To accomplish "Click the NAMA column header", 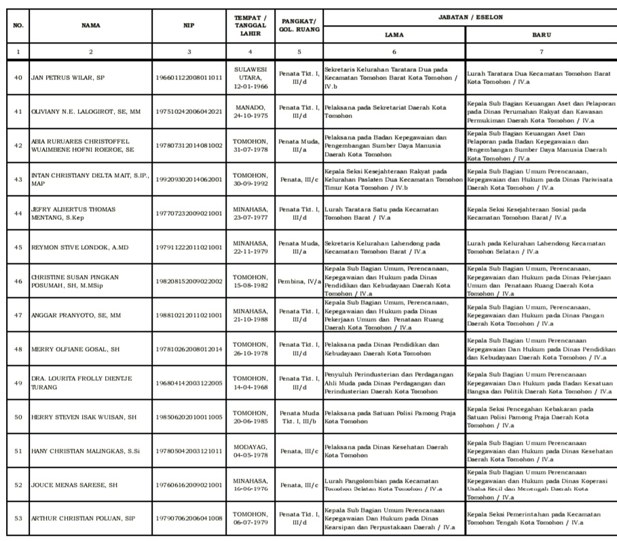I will (91, 26).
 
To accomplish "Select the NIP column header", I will (189, 26).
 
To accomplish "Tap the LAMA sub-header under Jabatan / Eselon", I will (394, 34).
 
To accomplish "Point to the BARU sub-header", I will (541, 34).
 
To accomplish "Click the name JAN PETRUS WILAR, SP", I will (68, 78).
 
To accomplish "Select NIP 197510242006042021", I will (189, 112).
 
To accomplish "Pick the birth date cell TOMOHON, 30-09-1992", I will (250, 179).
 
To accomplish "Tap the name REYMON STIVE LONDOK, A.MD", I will (79, 247).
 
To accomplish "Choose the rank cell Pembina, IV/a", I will (299, 281).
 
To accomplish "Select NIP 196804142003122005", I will (189, 383).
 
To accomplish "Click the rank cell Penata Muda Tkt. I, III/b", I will (299, 417).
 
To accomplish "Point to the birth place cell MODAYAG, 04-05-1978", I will (250, 451).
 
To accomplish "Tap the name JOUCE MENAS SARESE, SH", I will (75, 485).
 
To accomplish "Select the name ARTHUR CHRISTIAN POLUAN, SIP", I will (83, 519).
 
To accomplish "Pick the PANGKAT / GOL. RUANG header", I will (299, 26).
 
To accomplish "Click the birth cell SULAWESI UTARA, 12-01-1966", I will (250, 78).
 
